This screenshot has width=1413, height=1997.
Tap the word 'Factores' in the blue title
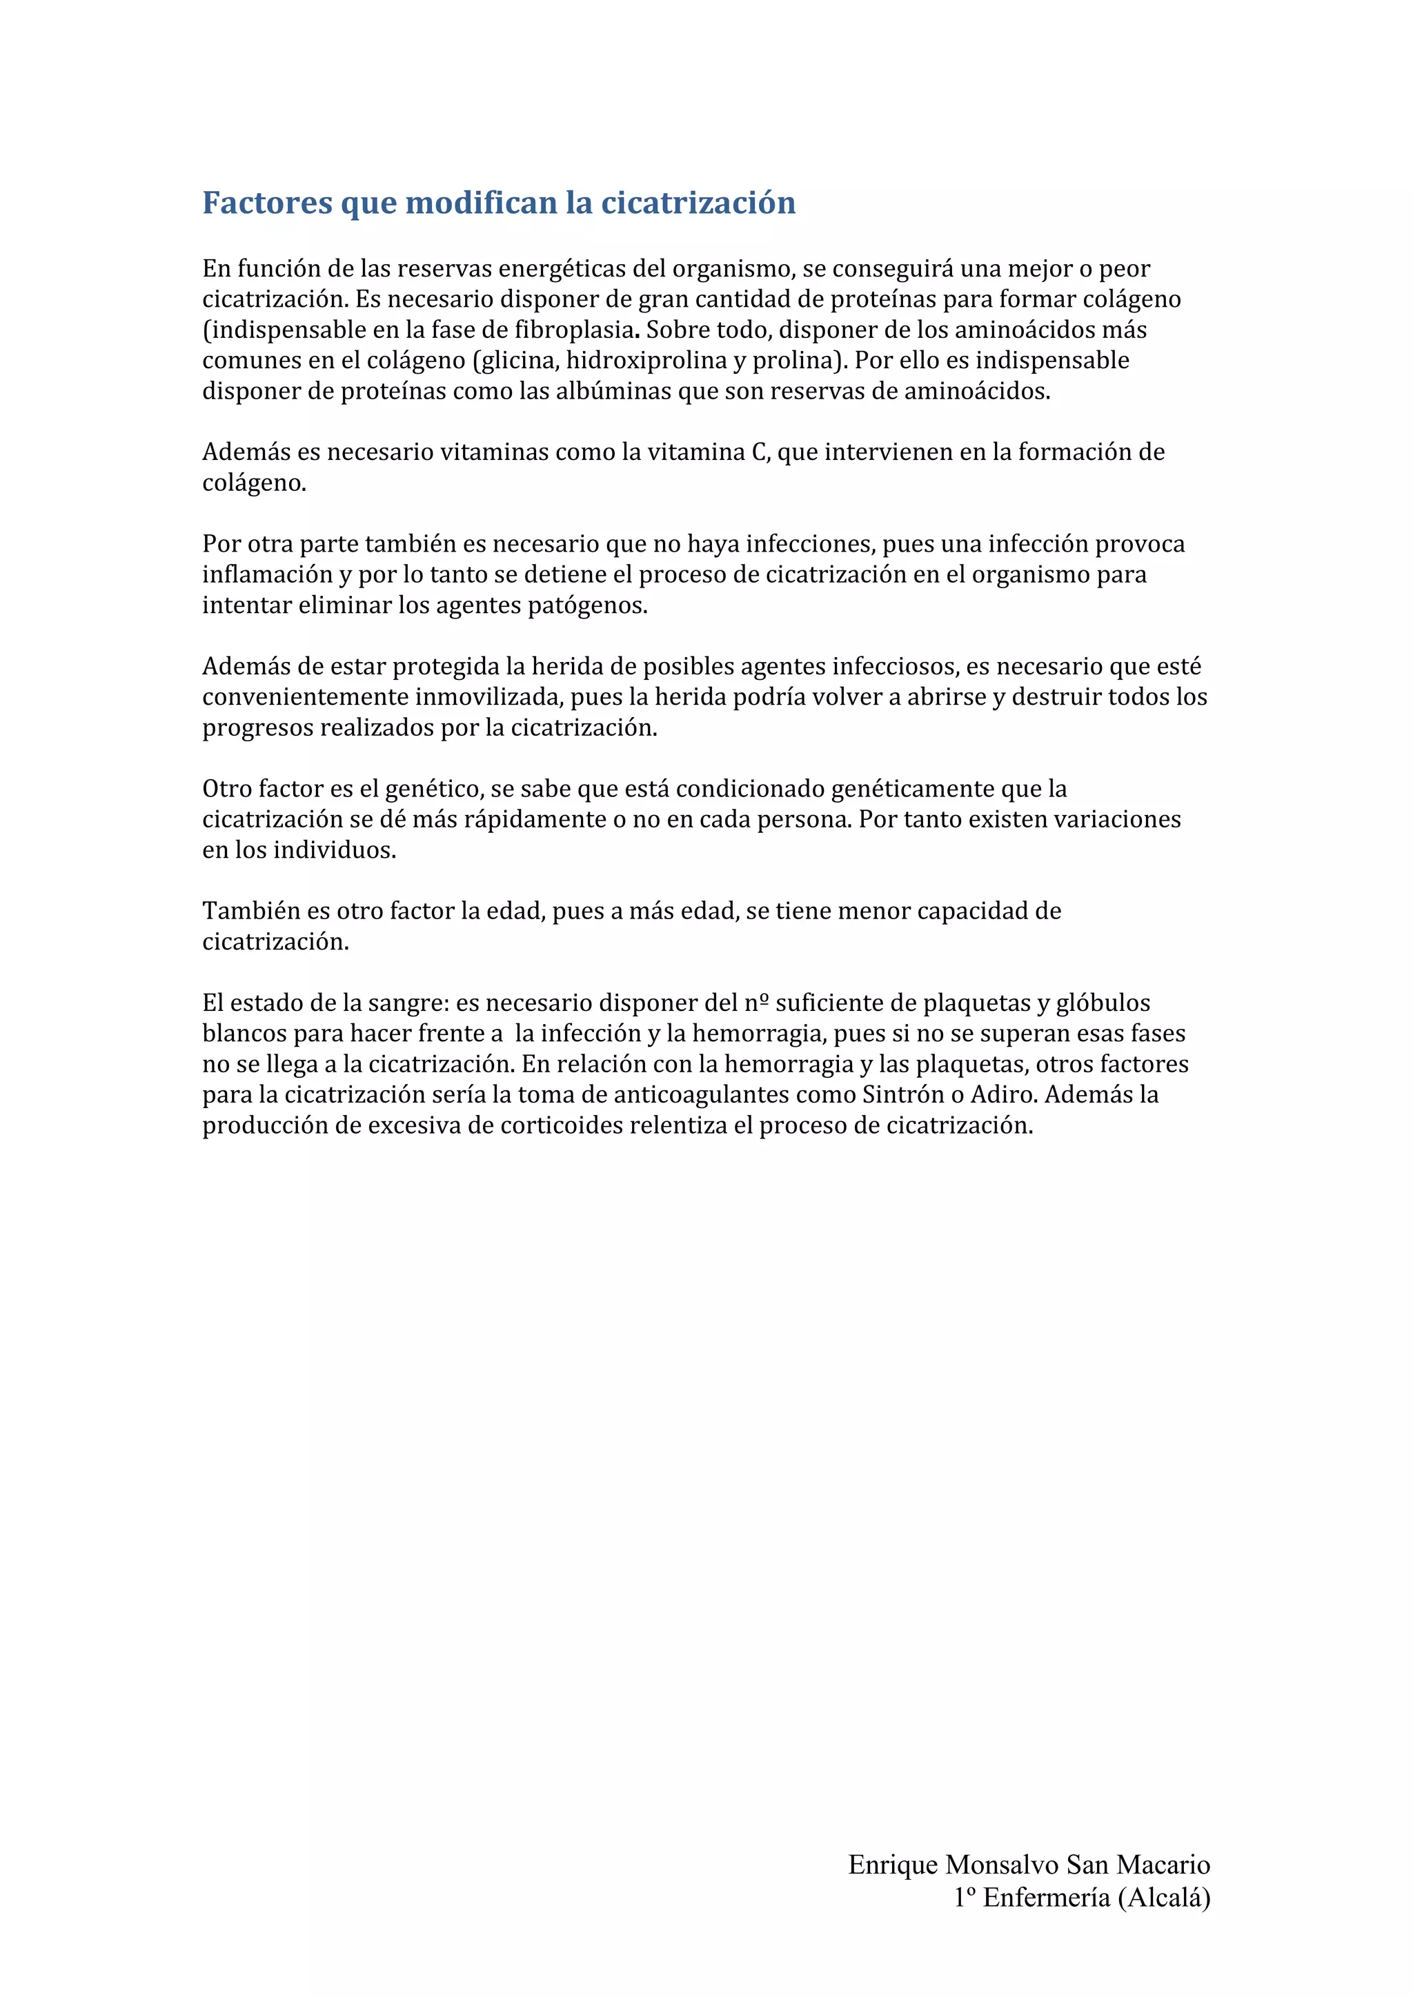[266, 203]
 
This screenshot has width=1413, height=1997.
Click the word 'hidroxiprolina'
[646, 361]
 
